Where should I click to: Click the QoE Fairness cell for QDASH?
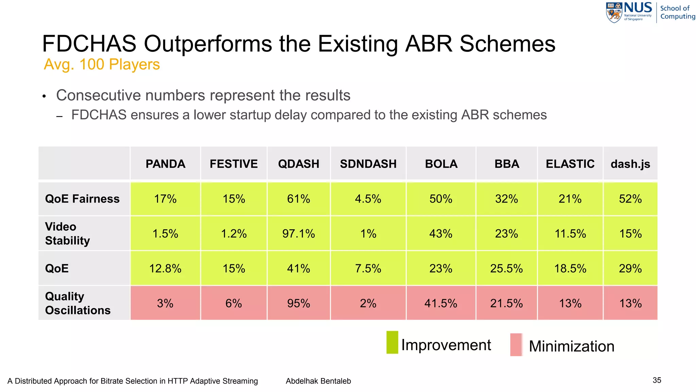tap(298, 199)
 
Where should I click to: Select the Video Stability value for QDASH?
tap(298, 234)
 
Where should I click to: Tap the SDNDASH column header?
tap(368, 164)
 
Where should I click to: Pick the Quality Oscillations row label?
tap(78, 303)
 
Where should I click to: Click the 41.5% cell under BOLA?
tap(440, 303)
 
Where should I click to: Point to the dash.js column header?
tap(630, 164)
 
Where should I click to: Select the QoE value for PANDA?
tap(165, 268)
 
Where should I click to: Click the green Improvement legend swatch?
tap(392, 342)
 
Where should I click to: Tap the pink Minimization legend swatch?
tap(516, 345)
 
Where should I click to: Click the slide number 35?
tap(657, 380)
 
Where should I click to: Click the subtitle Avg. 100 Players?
tap(102, 64)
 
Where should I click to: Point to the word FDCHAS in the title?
tap(89, 44)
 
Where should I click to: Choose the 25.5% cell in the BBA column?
tap(506, 268)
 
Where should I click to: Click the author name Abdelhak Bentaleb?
tap(318, 381)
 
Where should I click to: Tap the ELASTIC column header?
tap(570, 164)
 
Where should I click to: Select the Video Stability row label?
tap(67, 234)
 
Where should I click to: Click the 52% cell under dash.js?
tap(630, 199)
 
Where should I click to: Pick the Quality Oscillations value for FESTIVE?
tap(233, 303)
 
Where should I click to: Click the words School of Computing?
tap(677, 12)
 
